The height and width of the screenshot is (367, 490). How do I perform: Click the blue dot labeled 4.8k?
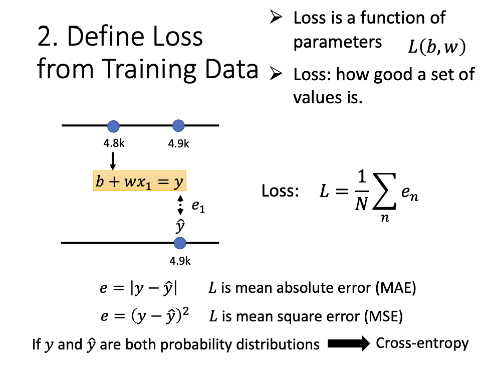[x=113, y=126]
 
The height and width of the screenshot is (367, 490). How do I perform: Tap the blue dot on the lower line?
[x=180, y=243]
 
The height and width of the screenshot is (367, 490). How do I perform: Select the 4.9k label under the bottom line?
[x=180, y=261]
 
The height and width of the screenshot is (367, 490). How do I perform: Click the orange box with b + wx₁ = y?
[x=140, y=180]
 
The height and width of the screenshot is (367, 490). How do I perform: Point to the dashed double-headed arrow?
[x=180, y=205]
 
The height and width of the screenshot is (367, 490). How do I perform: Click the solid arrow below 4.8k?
[x=113, y=161]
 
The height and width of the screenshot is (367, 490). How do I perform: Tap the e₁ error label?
[x=198, y=206]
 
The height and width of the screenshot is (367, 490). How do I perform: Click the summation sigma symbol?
[x=385, y=192]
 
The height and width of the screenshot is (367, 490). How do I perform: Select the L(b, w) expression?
[x=437, y=47]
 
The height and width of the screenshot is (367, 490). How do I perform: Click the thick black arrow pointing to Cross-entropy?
[x=349, y=343]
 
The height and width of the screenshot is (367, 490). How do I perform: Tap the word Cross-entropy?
[x=422, y=343]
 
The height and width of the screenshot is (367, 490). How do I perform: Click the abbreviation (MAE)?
[x=396, y=288]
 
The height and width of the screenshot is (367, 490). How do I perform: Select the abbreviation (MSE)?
[x=383, y=316]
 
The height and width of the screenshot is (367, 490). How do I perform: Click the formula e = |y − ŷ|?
[x=138, y=288]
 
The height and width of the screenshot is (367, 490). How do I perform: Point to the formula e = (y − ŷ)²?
[x=145, y=316]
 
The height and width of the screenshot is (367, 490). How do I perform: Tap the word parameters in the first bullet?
[x=338, y=43]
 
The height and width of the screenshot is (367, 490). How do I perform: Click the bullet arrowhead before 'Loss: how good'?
[x=276, y=74]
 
